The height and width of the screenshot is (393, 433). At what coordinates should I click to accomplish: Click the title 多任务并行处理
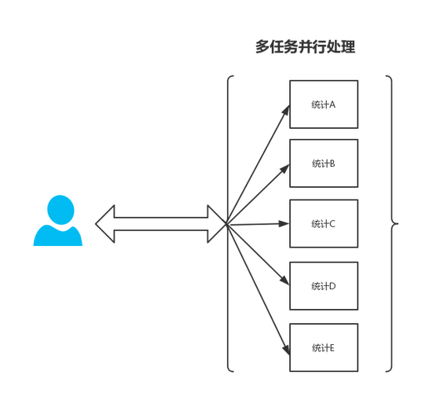[305, 46]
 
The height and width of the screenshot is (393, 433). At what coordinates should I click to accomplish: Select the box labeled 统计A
[324, 105]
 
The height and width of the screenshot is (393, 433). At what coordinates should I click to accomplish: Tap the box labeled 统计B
[324, 163]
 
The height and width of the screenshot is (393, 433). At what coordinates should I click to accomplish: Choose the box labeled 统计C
[324, 223]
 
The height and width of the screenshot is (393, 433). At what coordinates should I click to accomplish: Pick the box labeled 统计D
[324, 286]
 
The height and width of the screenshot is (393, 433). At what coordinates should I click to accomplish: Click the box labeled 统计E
[324, 347]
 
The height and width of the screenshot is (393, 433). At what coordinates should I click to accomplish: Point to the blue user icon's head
[61, 210]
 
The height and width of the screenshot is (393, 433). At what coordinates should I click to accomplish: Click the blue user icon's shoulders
[58, 235]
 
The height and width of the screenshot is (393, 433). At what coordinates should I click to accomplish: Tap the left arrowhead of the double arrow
[105, 224]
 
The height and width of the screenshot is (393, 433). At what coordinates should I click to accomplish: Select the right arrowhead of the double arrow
[217, 224]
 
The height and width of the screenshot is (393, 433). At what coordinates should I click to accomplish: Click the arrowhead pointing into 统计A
[286, 110]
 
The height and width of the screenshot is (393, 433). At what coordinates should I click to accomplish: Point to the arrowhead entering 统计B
[285, 168]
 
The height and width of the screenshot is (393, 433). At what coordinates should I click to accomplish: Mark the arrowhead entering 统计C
[284, 224]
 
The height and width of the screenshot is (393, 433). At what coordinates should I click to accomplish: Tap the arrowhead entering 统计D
[285, 280]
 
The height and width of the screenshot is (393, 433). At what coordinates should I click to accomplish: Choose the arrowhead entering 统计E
[286, 349]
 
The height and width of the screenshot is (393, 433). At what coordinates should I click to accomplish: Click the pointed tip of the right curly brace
[398, 223]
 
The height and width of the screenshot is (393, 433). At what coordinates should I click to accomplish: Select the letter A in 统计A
[332, 105]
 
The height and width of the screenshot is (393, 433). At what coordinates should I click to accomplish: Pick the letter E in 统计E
[332, 348]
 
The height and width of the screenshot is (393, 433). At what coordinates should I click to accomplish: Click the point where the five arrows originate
[227, 224]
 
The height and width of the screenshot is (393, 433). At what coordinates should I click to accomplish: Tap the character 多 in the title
[262, 46]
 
